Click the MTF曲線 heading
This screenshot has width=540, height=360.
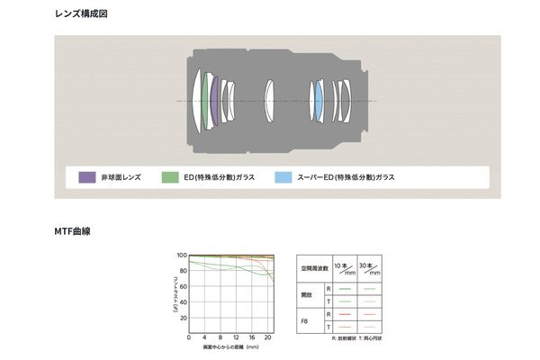[72, 231]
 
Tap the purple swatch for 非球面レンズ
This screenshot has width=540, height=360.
[87, 177]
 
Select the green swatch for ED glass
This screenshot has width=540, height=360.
[170, 177]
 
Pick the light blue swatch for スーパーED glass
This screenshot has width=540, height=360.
[283, 177]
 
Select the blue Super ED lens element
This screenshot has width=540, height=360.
[319, 100]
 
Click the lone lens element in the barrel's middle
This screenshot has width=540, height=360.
[267, 100]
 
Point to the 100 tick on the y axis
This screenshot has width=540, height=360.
[182, 256]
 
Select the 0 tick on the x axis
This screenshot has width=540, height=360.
[189, 337]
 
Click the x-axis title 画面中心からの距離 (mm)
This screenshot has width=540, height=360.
[230, 346]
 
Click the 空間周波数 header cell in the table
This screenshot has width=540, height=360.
[314, 268]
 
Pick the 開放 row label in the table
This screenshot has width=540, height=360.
[307, 293]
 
